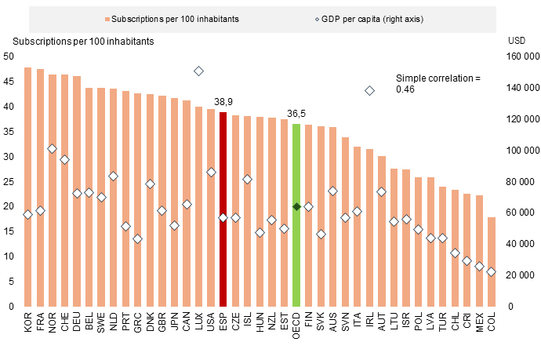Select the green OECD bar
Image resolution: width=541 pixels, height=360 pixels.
(x=296, y=215)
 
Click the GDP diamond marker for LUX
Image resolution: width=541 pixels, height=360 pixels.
(x=198, y=71)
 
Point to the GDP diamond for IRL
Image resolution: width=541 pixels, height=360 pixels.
(x=369, y=90)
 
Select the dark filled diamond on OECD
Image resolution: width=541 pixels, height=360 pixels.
(x=296, y=206)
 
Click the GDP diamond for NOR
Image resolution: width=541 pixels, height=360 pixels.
(x=53, y=148)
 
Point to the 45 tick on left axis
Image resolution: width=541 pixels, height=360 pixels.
(x=9, y=81)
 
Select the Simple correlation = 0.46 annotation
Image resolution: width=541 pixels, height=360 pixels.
(x=436, y=84)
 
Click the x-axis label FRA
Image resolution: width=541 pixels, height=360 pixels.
(x=41, y=322)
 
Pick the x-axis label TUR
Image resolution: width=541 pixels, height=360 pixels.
(x=442, y=322)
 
